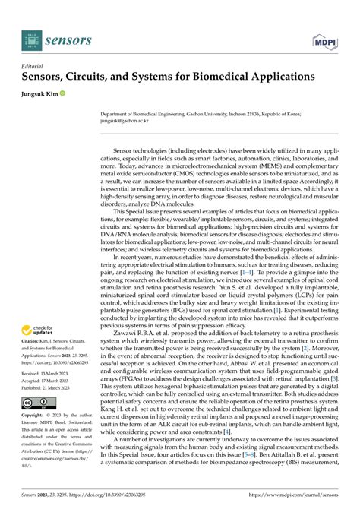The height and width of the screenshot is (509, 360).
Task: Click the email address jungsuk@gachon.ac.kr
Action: [125, 119]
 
